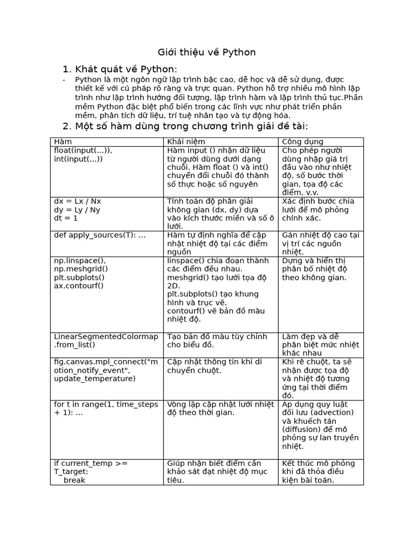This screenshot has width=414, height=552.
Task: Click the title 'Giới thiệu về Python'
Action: [206, 52]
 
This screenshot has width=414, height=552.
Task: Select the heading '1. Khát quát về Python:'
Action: [119, 69]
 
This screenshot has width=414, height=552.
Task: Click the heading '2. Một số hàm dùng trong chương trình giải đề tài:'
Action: [185, 126]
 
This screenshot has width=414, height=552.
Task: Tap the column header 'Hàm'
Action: [63, 142]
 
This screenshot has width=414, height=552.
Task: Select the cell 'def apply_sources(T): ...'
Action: [100, 235]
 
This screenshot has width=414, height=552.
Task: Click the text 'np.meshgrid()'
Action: [81, 268]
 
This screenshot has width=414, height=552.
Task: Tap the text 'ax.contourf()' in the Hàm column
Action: [78, 286]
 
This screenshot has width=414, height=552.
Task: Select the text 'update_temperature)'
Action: [95, 378]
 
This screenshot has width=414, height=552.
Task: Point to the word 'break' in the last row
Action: [74, 480]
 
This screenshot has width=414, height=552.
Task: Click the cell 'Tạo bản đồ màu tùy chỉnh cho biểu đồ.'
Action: [217, 341]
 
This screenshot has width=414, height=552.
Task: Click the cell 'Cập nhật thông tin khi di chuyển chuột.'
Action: [215, 365]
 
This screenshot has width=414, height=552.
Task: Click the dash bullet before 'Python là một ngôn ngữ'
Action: [64, 80]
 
